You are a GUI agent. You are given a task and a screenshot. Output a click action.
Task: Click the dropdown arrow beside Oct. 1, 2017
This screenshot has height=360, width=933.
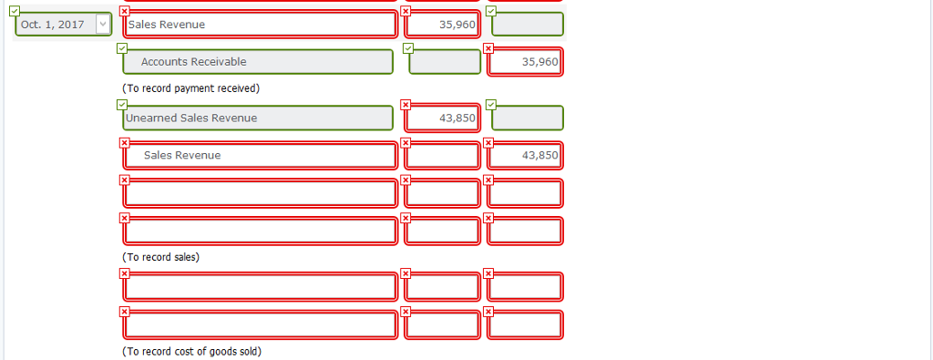103,25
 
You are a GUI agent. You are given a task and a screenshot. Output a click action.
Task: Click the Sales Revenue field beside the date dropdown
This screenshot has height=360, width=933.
260,25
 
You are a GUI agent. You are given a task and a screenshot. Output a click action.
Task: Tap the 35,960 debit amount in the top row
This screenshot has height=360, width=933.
442,25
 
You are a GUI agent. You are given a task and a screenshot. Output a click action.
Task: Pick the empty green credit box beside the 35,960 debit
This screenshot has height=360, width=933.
527,25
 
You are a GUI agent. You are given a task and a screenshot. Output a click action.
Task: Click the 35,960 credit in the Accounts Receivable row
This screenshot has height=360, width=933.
525,62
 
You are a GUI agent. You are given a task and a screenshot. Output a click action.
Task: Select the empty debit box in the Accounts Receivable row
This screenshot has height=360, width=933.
445,62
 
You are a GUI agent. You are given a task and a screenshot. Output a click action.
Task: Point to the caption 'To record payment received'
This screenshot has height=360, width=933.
190,88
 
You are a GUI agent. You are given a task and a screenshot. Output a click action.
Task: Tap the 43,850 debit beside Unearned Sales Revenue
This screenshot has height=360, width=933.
442,118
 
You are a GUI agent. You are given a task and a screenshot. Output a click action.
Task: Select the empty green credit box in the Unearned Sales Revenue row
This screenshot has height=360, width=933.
527,118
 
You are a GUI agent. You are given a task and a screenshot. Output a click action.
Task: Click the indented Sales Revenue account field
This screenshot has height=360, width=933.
260,156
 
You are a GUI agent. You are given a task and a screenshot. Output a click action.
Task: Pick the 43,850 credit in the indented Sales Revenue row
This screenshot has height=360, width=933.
525,156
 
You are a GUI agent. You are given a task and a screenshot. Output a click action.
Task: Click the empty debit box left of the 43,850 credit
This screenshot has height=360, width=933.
442,156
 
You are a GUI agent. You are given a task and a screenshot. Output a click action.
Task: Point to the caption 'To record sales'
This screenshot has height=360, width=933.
160,257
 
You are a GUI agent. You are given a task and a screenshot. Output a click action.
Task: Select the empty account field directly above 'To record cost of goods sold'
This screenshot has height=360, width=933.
260,324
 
